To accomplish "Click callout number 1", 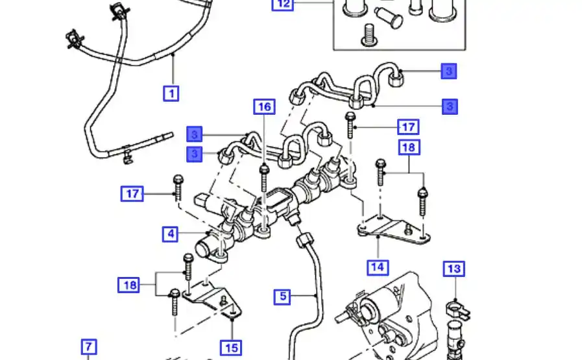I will tap(171, 93).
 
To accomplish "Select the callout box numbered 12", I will tap(283, 4).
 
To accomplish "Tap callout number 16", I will tap(264, 107).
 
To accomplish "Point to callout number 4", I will tap(170, 234).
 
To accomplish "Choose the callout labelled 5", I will tap(283, 297).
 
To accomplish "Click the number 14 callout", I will tap(378, 266).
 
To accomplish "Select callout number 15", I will tap(230, 348).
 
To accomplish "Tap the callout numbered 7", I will tap(88, 346).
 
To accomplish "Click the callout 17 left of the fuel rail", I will tap(132, 193).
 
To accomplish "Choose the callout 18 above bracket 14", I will tap(409, 148).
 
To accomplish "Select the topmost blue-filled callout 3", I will tap(448, 71).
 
